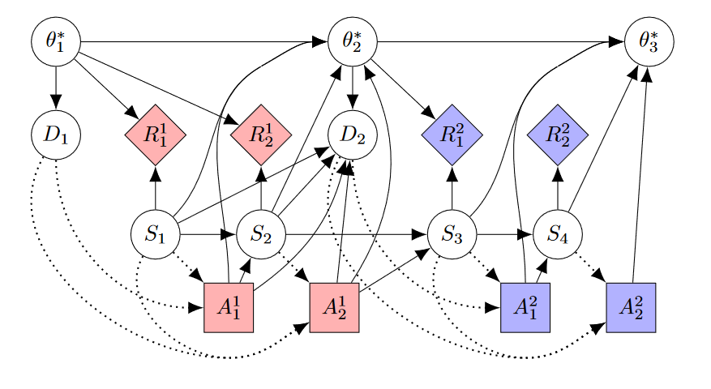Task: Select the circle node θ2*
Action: (x=353, y=41)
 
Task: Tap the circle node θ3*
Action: (x=649, y=41)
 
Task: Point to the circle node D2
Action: (x=353, y=134)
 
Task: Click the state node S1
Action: (x=155, y=235)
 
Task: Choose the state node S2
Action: (x=261, y=235)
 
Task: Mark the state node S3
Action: (x=452, y=235)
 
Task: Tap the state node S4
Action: (x=557, y=235)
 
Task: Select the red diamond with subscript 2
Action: (x=261, y=135)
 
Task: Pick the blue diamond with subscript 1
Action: (x=452, y=135)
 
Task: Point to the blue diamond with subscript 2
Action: (x=558, y=135)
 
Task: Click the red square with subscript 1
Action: (x=229, y=308)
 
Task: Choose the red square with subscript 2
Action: (x=334, y=308)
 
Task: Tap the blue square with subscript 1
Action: (x=525, y=308)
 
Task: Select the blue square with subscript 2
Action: (x=631, y=308)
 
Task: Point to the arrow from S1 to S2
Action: (x=208, y=235)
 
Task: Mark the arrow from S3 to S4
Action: (x=504, y=235)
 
